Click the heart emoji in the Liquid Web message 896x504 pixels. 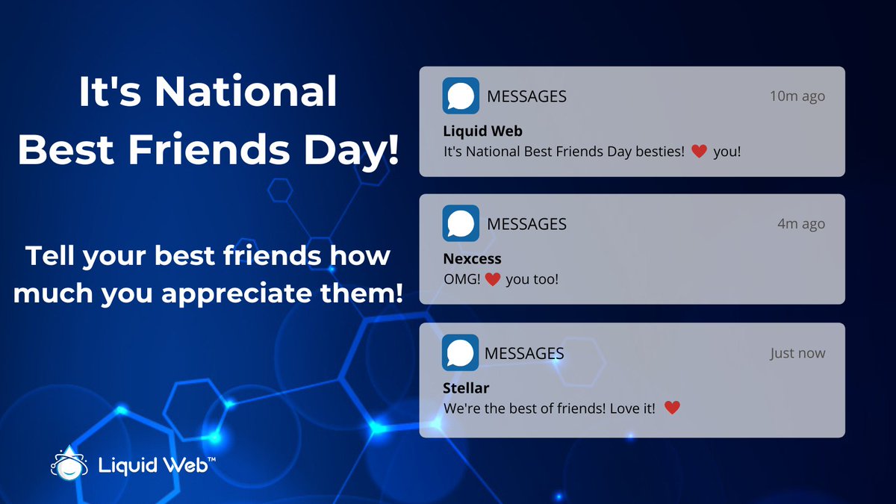tap(699, 152)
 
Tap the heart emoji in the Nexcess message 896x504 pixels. tap(491, 280)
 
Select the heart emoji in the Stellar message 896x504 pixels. tap(672, 408)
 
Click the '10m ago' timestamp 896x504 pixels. tap(797, 96)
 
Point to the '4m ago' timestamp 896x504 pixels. tap(801, 224)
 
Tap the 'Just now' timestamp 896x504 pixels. tap(797, 353)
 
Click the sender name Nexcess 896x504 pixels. tap(472, 259)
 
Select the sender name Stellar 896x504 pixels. tap(466, 388)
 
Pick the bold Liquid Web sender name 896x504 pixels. tap(482, 131)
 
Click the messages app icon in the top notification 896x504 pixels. tap(461, 96)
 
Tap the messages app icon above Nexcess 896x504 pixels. tap(461, 224)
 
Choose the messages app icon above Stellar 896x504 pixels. tap(461, 352)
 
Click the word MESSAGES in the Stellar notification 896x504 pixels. tap(524, 353)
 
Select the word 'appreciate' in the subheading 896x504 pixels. tap(231, 292)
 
